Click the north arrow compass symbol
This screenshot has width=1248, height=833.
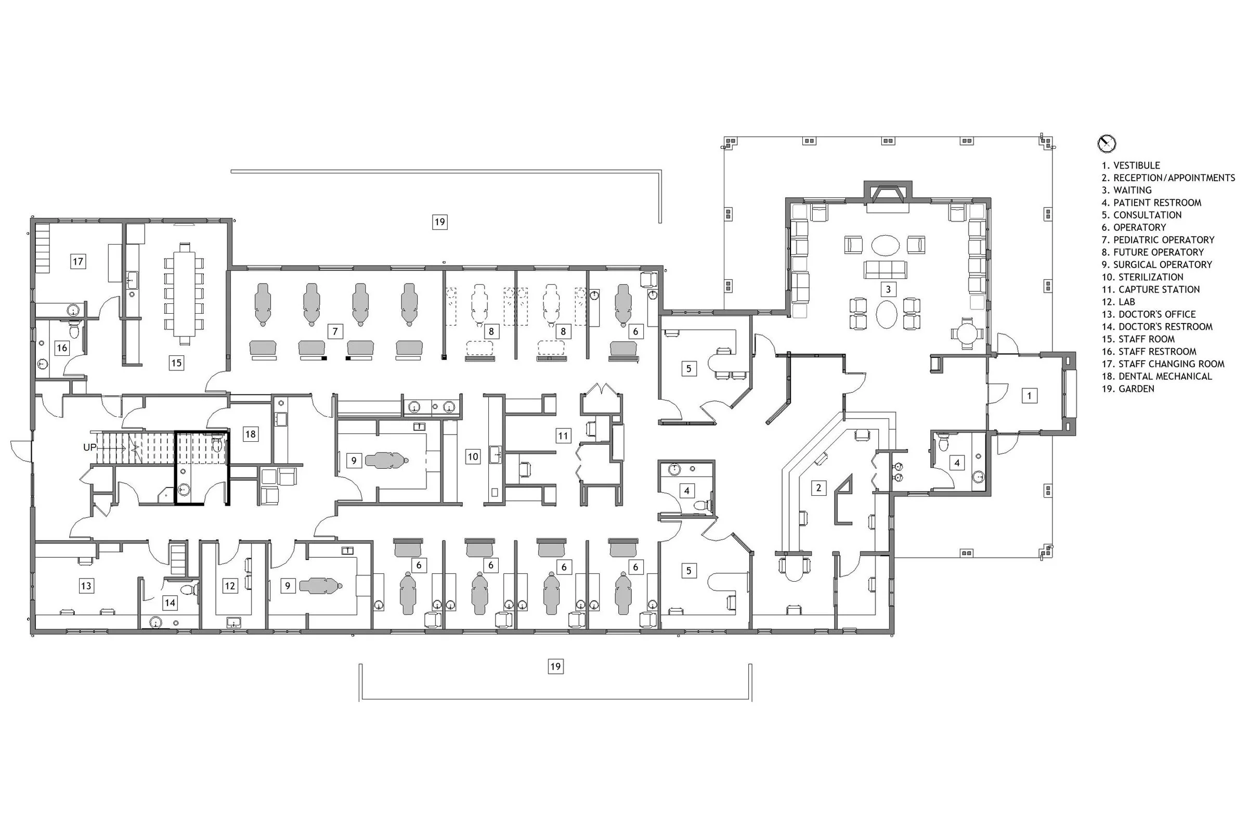coord(1106,144)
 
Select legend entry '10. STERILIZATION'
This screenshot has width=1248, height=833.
coord(1142,277)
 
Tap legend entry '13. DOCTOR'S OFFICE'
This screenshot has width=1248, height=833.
coord(1148,314)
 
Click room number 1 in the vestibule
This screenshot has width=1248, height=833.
coord(1029,395)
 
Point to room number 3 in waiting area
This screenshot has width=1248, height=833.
coord(888,289)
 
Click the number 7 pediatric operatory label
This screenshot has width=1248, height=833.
coord(335,331)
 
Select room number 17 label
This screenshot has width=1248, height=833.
coord(78,261)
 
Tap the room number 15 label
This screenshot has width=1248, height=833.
coord(176,363)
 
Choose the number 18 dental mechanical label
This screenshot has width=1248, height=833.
coord(251,434)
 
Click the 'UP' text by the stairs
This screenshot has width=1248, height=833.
coord(90,447)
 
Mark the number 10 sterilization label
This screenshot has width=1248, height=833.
coord(473,456)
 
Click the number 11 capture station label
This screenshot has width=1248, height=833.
coord(563,435)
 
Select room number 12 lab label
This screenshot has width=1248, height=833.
coord(230,586)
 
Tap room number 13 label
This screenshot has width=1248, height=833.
coord(86,586)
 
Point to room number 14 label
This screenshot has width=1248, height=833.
coord(170,603)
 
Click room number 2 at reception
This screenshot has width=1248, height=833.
coord(818,487)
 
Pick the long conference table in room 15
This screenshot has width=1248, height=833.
coord(184,293)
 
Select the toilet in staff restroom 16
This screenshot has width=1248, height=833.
coord(75,330)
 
